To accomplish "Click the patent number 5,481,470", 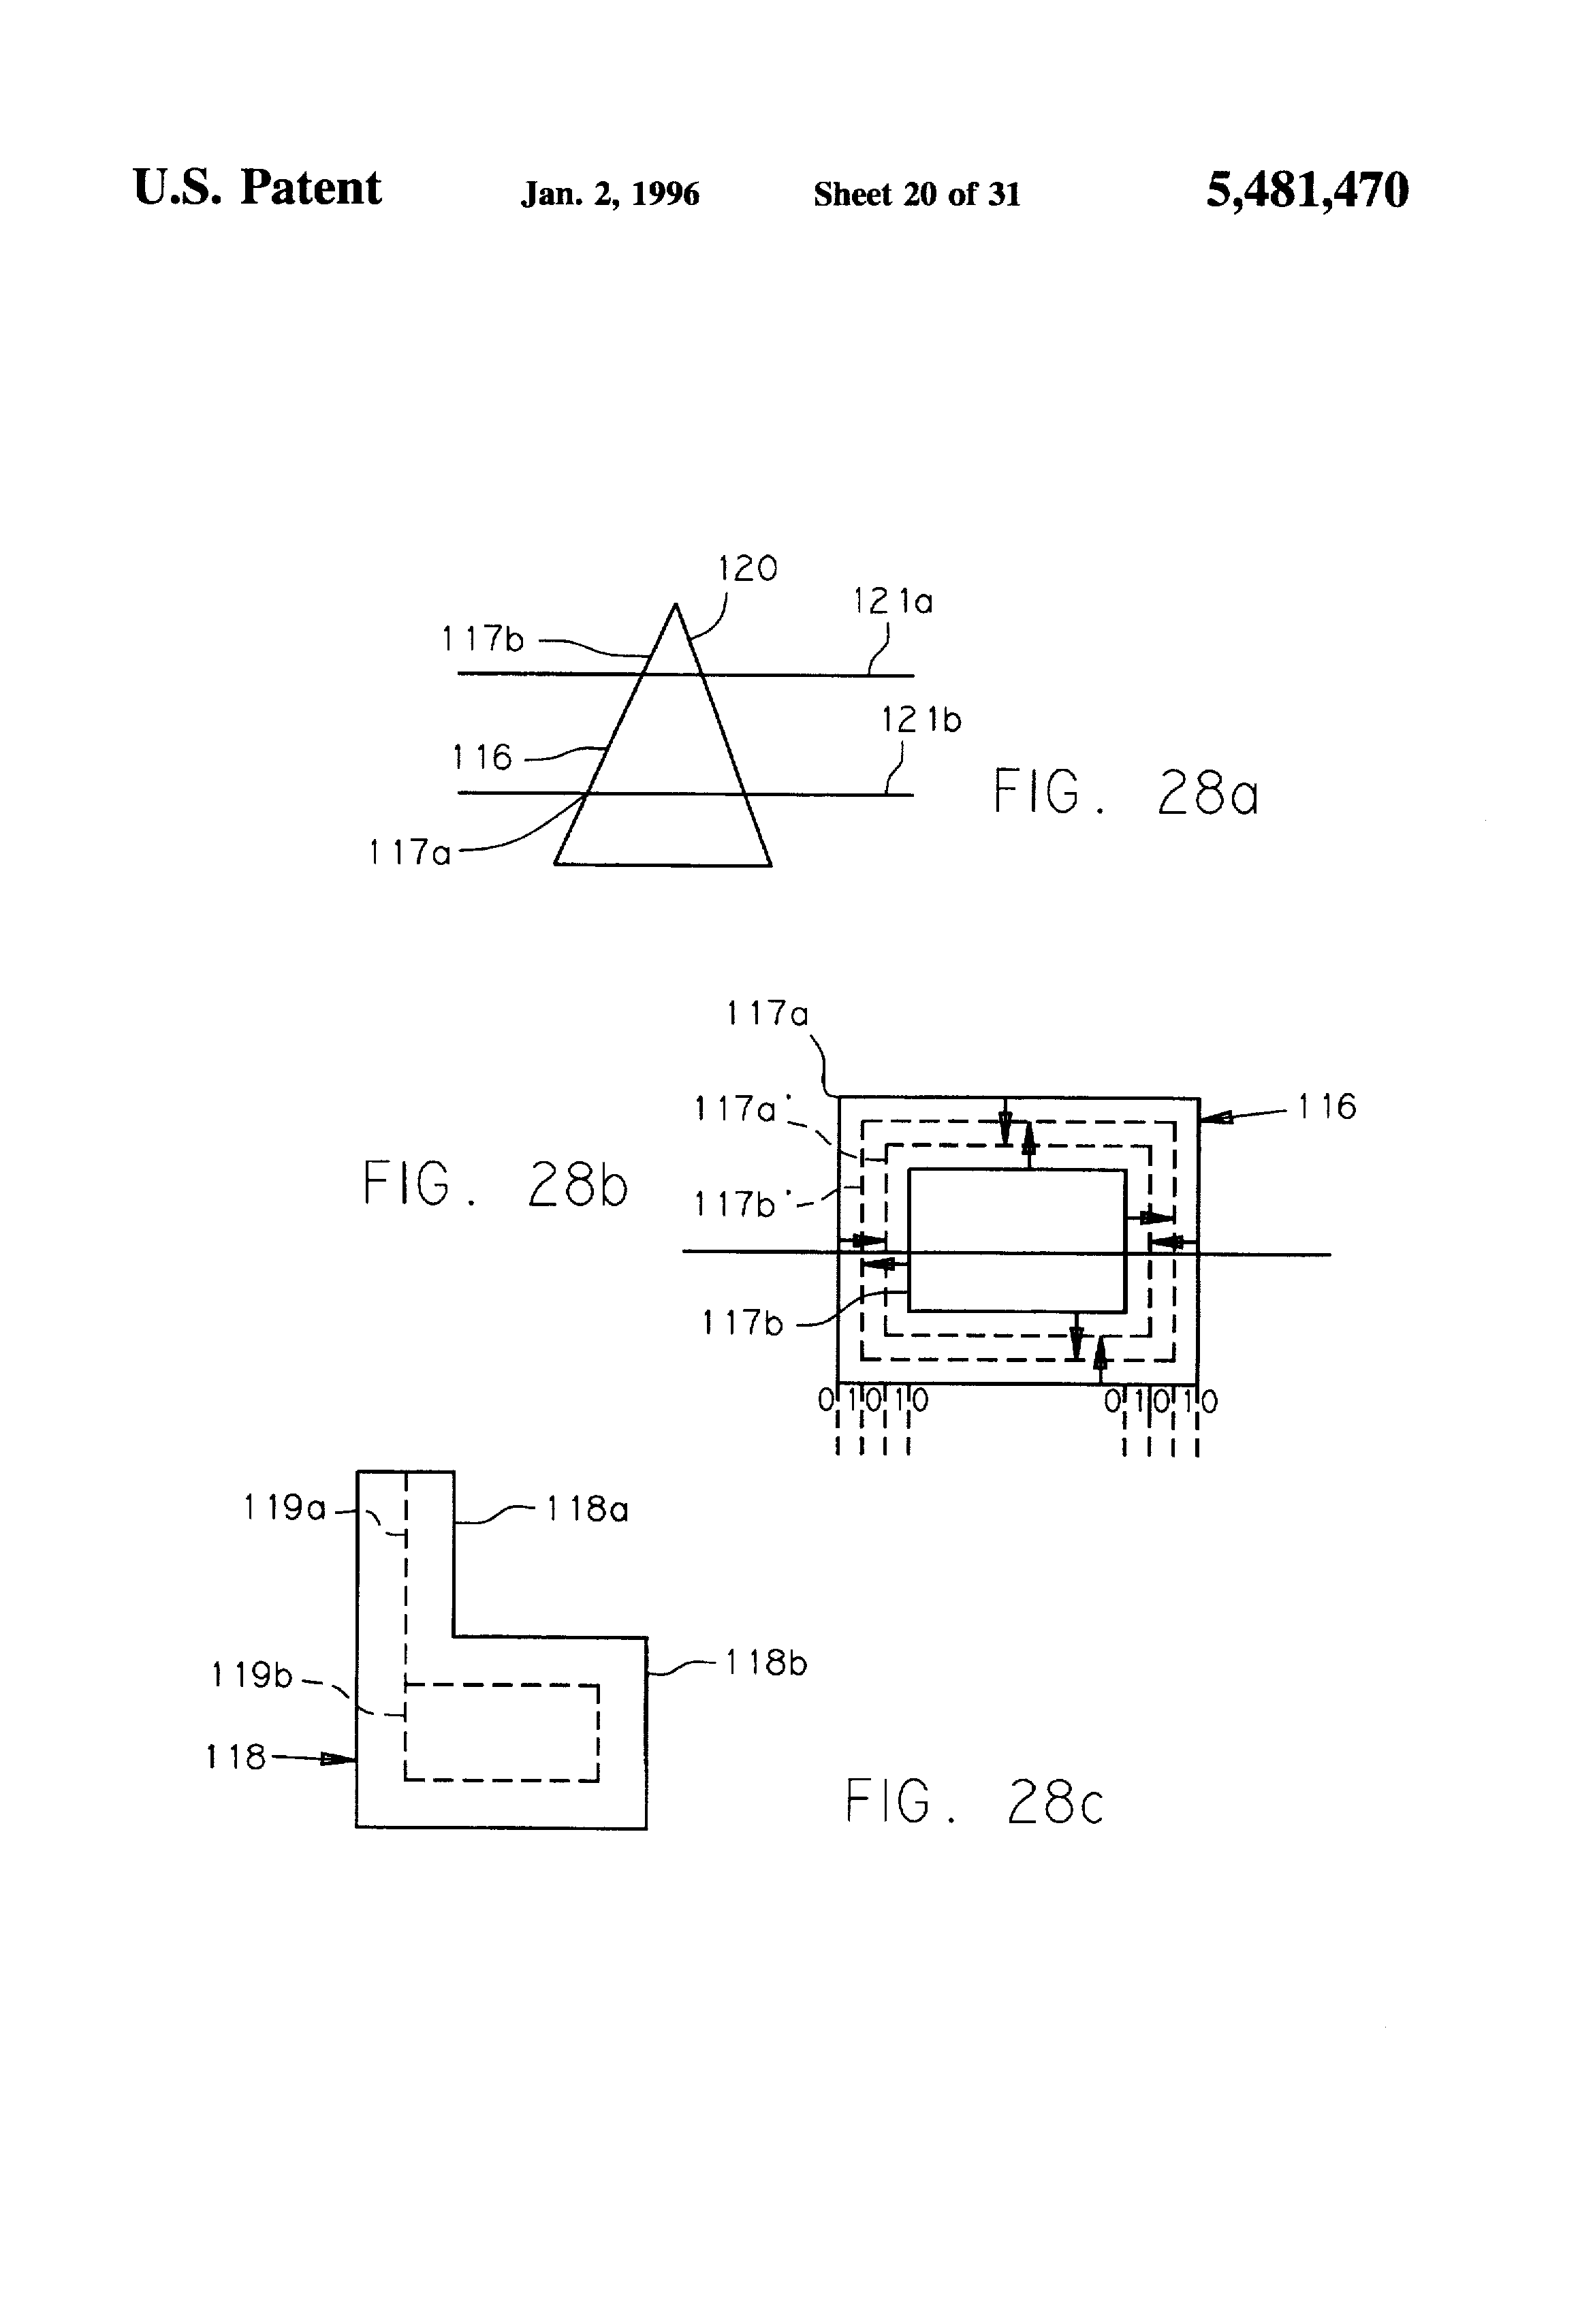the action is tap(1308, 191).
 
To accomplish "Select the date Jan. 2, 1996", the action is tap(610, 193).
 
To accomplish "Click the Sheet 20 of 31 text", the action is tap(917, 193).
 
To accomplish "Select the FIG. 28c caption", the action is tap(975, 1801).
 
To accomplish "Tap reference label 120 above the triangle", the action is tap(747, 569).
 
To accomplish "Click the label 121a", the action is tap(893, 601).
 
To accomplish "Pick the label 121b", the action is tap(921, 720).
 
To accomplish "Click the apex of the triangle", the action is tap(675, 604).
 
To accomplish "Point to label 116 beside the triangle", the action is tap(481, 758).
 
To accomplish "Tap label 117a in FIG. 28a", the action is tap(409, 853).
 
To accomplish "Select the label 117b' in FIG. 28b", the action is tap(738, 1205).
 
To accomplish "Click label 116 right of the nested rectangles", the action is tap(1327, 1107).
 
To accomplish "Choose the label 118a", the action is tap(587, 1509).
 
